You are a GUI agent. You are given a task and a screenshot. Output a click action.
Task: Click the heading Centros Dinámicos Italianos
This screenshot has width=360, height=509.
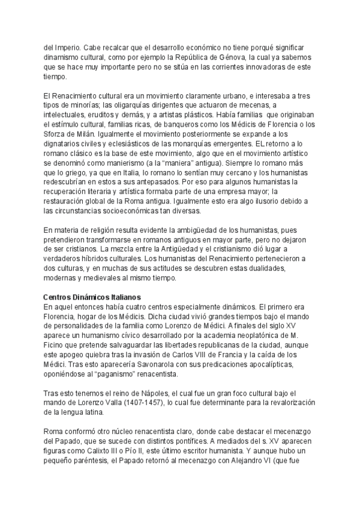(92, 297)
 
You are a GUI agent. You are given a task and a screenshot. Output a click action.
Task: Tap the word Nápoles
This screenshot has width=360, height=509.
(142, 393)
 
